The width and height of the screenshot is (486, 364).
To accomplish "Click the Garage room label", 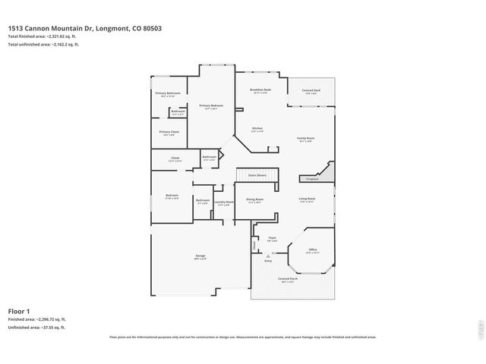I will click(200, 256).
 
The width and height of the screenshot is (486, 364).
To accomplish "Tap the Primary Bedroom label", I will click(210, 105).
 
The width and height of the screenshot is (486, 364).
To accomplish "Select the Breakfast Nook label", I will click(260, 90).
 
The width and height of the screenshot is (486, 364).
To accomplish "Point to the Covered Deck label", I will click(311, 90).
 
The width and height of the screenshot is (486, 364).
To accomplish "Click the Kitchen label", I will click(257, 128).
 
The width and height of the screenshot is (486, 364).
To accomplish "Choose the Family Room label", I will click(305, 139).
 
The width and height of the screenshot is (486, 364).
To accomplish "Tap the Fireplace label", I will click(311, 179).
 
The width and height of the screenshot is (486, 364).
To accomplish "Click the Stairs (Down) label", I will click(257, 175).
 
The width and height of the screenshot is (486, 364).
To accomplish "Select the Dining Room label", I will click(254, 200).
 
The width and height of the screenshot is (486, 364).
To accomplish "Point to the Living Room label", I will click(307, 199).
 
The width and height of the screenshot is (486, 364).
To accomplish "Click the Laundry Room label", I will click(224, 202).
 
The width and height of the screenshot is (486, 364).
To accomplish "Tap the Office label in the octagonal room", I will click(312, 249).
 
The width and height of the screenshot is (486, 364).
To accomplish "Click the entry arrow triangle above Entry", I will click(267, 256).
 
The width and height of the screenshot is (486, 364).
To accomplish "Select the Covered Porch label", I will click(288, 278).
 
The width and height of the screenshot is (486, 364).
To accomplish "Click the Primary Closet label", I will click(169, 132).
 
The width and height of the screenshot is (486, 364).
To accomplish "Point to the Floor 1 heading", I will click(19, 311).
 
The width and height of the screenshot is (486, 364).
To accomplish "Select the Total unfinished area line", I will click(43, 45).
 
